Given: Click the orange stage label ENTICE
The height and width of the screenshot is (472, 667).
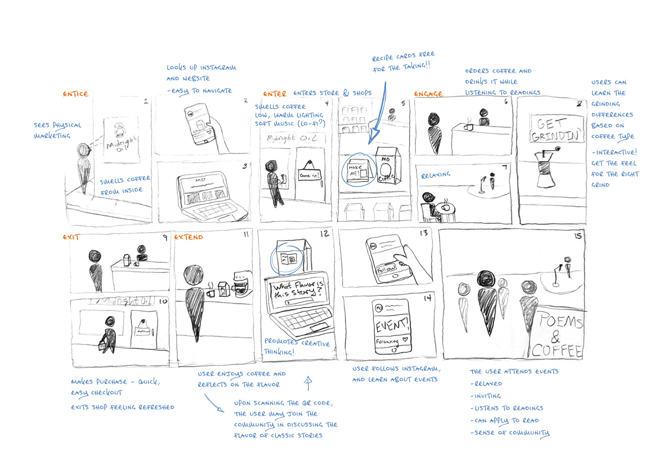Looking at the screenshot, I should (x=75, y=94).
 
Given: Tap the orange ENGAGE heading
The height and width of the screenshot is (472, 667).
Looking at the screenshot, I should (x=428, y=94).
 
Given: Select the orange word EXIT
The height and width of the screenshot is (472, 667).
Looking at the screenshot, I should (x=71, y=237).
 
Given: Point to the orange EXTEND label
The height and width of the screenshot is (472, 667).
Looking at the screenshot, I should (x=189, y=237).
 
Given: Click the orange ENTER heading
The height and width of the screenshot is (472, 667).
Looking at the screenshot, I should (x=274, y=94).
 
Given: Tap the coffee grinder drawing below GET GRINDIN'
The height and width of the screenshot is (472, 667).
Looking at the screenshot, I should (x=546, y=168).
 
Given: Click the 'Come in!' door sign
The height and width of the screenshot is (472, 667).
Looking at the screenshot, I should (x=309, y=175).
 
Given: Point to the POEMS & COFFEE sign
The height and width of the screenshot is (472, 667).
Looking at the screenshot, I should (x=558, y=335).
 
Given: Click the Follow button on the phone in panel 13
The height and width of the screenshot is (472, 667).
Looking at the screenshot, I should (x=387, y=269).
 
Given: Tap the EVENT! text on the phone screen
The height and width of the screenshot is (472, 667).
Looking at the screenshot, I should (x=391, y=325).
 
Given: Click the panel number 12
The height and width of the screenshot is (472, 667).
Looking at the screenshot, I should (x=324, y=234).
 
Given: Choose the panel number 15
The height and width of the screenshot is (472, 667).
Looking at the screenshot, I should (x=578, y=236).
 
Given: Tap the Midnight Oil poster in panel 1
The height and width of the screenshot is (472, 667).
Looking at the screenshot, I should (x=121, y=139).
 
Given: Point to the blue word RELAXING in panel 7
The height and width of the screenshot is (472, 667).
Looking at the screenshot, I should (x=436, y=175).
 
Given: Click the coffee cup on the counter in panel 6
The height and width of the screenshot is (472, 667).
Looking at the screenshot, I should (x=469, y=126).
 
